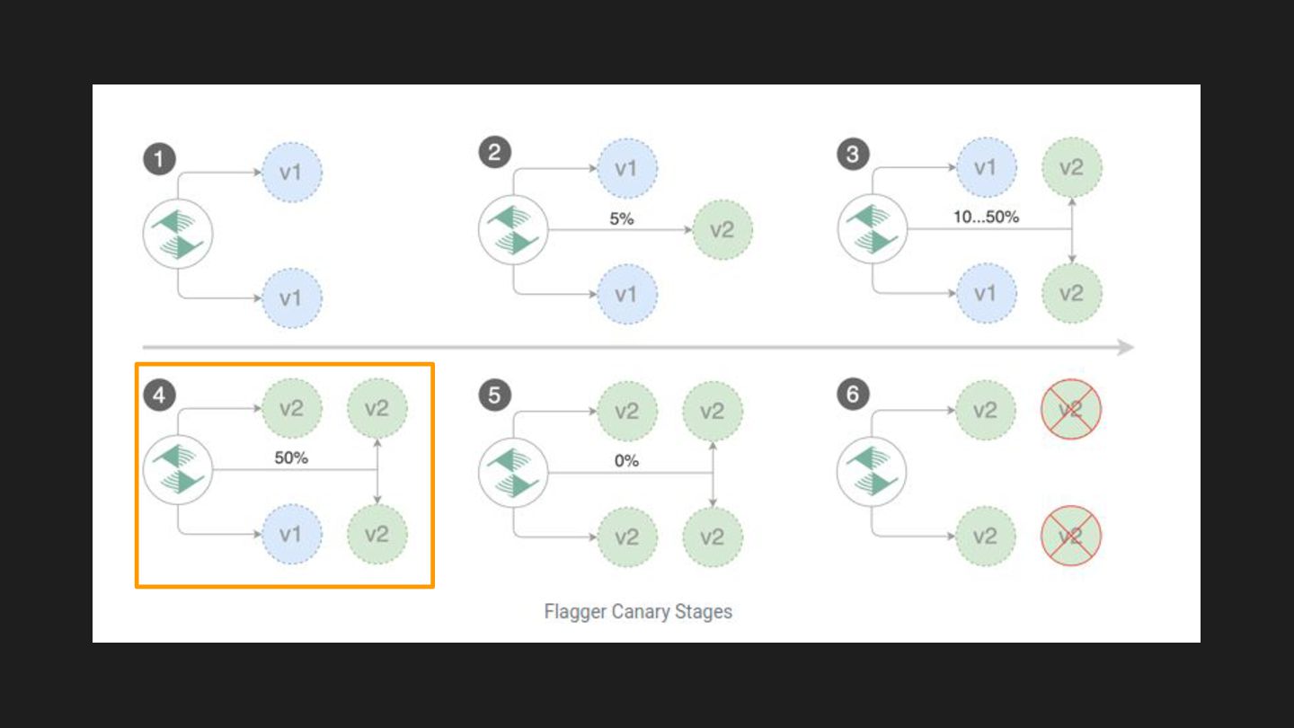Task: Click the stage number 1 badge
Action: click(159, 160)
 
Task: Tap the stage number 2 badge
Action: click(494, 153)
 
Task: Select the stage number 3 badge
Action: click(853, 155)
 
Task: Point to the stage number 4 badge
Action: click(159, 395)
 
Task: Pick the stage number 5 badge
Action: click(494, 395)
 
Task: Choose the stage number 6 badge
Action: click(853, 395)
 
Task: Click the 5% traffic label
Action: click(621, 218)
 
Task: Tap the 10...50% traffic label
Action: click(986, 217)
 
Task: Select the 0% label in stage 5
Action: click(626, 460)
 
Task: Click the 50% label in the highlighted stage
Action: click(291, 457)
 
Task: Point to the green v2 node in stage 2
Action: click(722, 230)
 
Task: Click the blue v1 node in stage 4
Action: click(291, 535)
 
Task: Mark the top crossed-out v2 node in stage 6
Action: click(1070, 409)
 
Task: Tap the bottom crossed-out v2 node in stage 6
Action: click(1070, 537)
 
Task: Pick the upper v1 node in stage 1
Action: click(291, 171)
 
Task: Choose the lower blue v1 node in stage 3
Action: click(986, 294)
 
